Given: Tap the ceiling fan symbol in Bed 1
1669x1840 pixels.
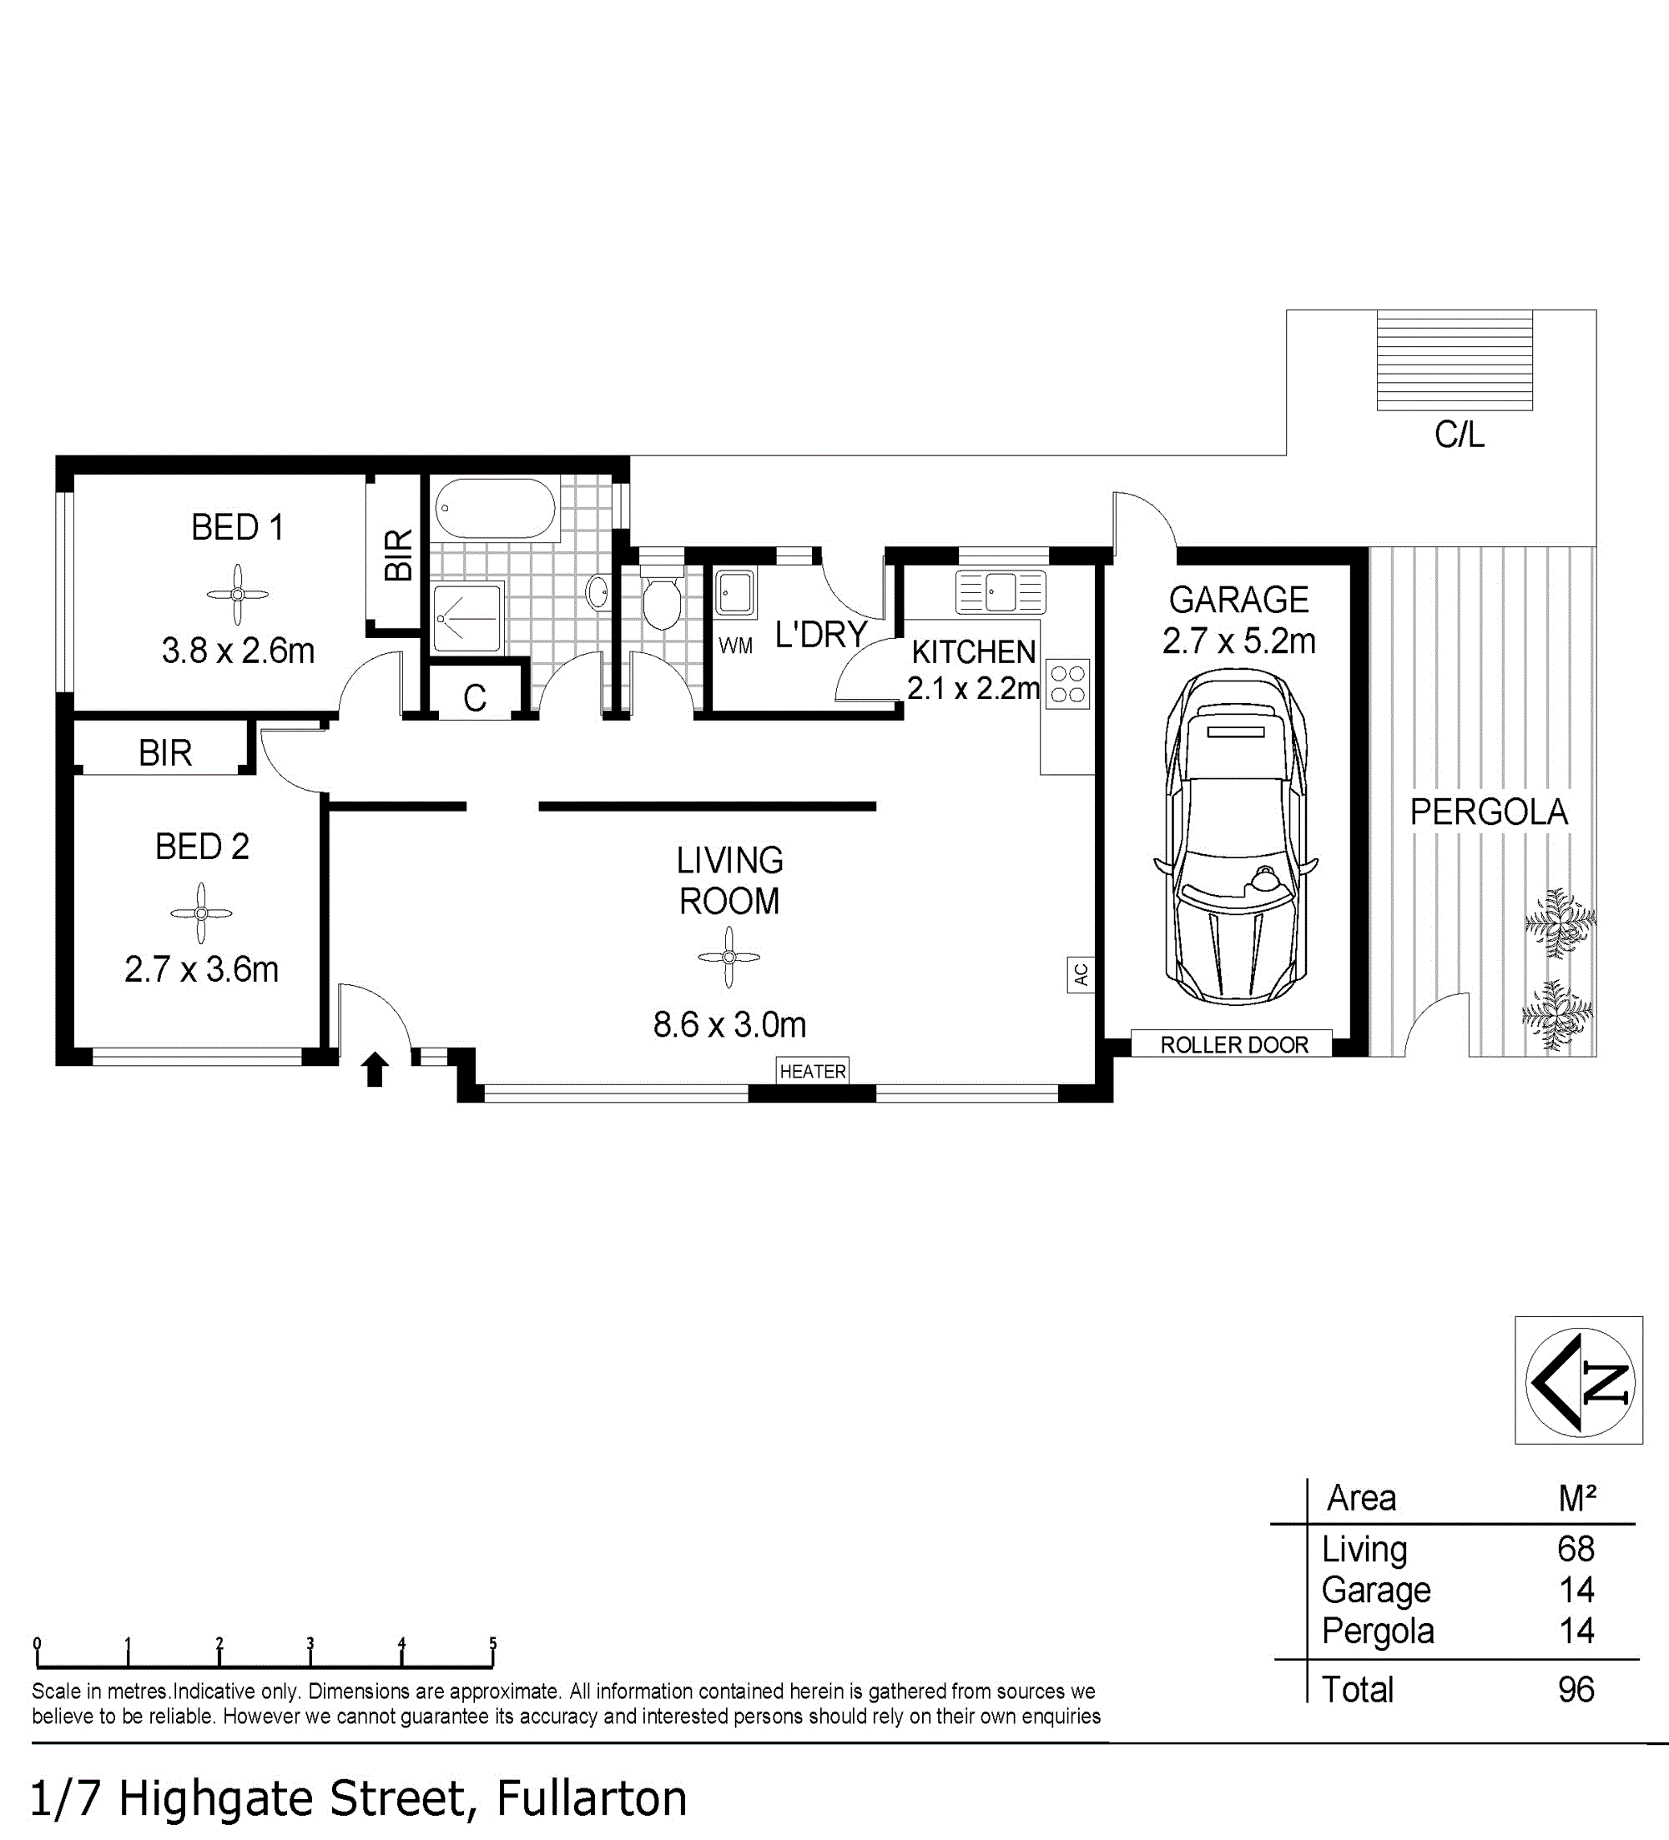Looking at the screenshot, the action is point(237,594).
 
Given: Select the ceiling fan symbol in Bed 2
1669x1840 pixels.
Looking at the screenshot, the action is point(201,912).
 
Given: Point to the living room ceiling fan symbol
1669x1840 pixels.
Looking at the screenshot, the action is point(729,958).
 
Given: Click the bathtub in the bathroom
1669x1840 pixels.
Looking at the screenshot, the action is point(495,508).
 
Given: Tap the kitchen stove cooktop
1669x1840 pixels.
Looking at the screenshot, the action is point(1067,684).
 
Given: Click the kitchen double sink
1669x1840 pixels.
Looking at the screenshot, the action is point(1001,592).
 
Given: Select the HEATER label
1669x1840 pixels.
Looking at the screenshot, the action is point(813,1072).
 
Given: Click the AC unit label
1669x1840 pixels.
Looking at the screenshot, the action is point(1081,975).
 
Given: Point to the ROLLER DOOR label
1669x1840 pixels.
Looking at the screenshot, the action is point(1234,1045).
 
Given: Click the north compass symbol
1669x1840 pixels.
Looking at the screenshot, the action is point(1579,1380).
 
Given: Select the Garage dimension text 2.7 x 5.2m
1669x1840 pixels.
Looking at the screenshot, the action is point(1239,641).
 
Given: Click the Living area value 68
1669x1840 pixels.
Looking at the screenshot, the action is point(1576,1549).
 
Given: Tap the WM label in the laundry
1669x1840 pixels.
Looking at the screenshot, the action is point(736,646).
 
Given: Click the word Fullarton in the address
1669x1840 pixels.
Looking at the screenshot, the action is point(592,1799).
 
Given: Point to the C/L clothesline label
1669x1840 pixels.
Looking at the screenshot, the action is point(1459,435).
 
